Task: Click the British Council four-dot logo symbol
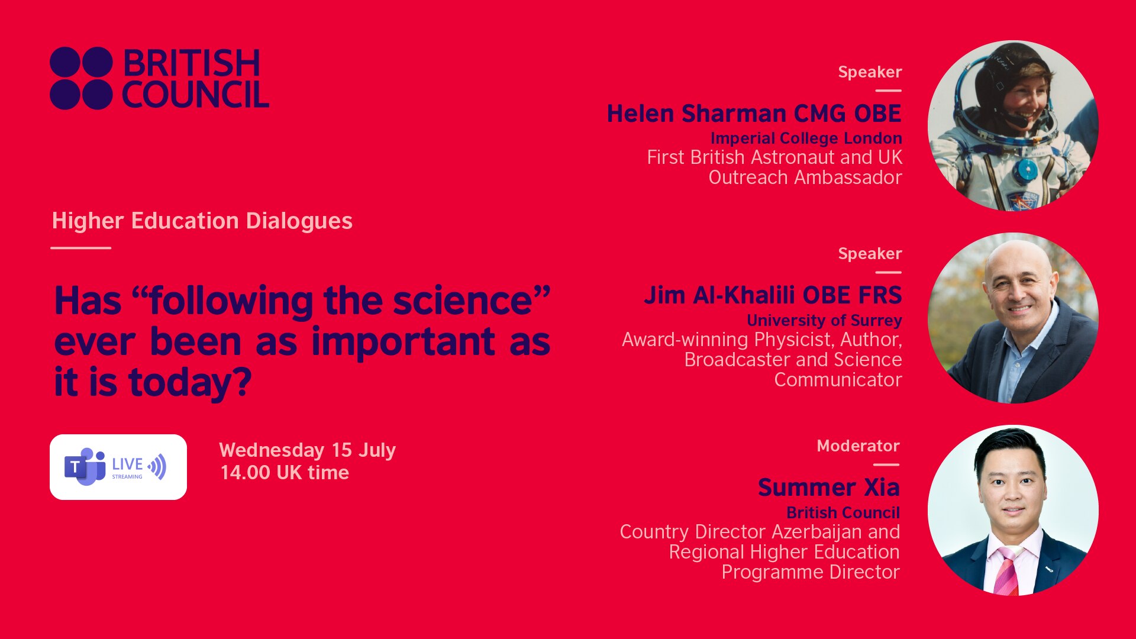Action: pos(81,78)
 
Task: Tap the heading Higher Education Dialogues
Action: pos(202,221)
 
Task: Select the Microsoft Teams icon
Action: pos(85,467)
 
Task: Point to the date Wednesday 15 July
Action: pos(307,450)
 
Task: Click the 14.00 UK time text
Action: pos(285,473)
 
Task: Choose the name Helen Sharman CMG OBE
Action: pos(754,113)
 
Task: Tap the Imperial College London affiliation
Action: pos(806,138)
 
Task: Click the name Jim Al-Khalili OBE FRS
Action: pos(773,295)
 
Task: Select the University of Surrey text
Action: pos(824,320)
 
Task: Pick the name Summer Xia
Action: pos(829,488)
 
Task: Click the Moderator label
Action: pos(858,446)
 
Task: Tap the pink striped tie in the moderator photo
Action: pos(1006,571)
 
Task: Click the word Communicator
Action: pos(838,380)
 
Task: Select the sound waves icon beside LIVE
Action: pos(157,467)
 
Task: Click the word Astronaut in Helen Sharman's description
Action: pos(792,157)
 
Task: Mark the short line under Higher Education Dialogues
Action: pos(81,248)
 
